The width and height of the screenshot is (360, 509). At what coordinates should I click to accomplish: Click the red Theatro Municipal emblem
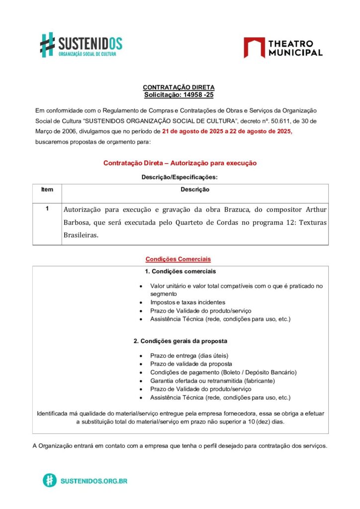[254, 47]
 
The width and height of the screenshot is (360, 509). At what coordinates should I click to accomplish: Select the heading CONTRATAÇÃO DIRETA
[179, 87]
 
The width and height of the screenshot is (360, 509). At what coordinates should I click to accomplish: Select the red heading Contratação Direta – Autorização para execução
[180, 163]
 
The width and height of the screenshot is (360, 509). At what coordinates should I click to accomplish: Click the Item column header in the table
[47, 189]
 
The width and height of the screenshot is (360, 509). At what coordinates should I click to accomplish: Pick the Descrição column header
[194, 189]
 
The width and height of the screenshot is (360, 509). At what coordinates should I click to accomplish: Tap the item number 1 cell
[47, 209]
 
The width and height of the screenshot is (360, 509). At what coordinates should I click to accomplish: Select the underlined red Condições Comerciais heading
[178, 259]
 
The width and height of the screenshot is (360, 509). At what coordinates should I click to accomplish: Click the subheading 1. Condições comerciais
[180, 271]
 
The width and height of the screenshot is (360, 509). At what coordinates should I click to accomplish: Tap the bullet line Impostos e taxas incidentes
[187, 302]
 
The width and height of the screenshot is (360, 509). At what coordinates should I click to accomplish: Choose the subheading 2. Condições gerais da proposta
[180, 341]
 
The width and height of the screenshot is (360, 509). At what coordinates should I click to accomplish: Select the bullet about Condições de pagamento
[223, 372]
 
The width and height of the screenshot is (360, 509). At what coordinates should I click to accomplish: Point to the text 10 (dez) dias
[267, 422]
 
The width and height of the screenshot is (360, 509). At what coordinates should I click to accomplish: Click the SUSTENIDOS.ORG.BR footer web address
[93, 481]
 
